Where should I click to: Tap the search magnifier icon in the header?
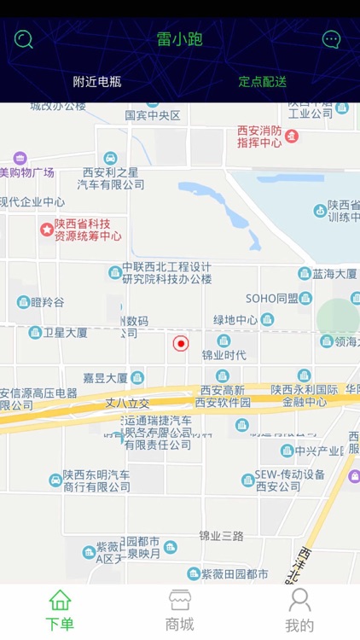[x=24, y=39]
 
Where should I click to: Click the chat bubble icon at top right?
[x=331, y=39]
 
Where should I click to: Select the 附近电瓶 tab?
[x=96, y=82]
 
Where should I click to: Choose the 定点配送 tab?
[x=262, y=82]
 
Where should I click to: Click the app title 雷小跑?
[x=179, y=39]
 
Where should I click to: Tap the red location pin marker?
[x=180, y=343]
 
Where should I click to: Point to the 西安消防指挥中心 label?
[x=259, y=137]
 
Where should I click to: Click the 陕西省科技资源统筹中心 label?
[x=87, y=230]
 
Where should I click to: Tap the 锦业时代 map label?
[x=224, y=355]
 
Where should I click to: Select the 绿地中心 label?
[x=235, y=320]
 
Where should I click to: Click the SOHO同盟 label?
[x=271, y=298]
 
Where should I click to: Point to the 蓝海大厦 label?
[x=334, y=274]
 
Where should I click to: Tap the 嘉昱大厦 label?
[x=106, y=377]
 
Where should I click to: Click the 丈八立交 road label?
[x=126, y=402]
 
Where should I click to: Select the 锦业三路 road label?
[x=221, y=536]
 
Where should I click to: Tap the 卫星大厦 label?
[x=66, y=333]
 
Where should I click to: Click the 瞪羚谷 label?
[x=47, y=302]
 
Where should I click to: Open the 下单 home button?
[x=60, y=609]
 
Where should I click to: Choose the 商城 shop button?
[x=179, y=609]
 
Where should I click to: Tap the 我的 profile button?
[x=299, y=609]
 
